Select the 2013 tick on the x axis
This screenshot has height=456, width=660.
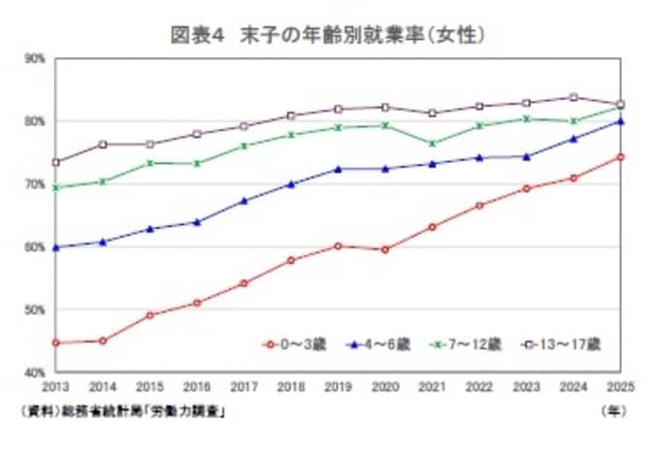coord(56,384)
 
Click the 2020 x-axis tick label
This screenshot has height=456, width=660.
coord(385,384)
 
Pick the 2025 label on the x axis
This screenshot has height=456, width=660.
coord(619,384)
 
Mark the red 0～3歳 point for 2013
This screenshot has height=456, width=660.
coord(56,342)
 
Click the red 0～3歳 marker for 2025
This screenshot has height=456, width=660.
coord(619,157)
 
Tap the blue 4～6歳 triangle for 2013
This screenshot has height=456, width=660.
coord(56,247)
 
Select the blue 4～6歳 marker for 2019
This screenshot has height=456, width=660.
coord(338,169)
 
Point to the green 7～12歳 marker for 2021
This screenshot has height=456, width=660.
coord(432,144)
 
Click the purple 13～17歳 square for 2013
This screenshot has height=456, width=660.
coord(56,162)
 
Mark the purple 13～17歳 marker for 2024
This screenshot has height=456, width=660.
coord(573,97)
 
